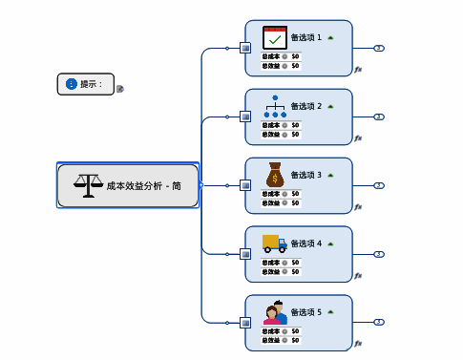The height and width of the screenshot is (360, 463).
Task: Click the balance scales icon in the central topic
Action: point(88,184)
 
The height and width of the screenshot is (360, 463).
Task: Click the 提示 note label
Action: point(92,84)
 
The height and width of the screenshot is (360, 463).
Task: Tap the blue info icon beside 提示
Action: point(71,84)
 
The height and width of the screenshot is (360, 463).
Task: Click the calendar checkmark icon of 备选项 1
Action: point(275,38)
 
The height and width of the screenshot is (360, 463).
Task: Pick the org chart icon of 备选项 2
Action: point(275,106)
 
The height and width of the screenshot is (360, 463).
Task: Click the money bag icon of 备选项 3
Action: point(275,175)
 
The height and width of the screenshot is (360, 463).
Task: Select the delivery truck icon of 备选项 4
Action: point(275,244)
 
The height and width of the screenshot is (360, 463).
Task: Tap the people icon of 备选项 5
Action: point(275,312)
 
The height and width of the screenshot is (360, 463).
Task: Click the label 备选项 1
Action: point(305,38)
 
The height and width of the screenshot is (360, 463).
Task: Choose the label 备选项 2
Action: point(305,107)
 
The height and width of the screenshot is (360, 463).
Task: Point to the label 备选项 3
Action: point(305,176)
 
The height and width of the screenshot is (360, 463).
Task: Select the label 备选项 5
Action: point(305,312)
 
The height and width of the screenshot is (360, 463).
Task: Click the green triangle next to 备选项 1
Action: point(330,38)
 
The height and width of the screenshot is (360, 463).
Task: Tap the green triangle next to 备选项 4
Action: point(330,244)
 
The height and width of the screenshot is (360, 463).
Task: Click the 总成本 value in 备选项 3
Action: point(295,194)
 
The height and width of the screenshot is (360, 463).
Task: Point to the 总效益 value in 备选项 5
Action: point(295,340)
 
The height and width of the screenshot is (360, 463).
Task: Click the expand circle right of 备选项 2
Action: point(379,116)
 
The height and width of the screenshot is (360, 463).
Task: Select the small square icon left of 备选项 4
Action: point(245,254)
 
